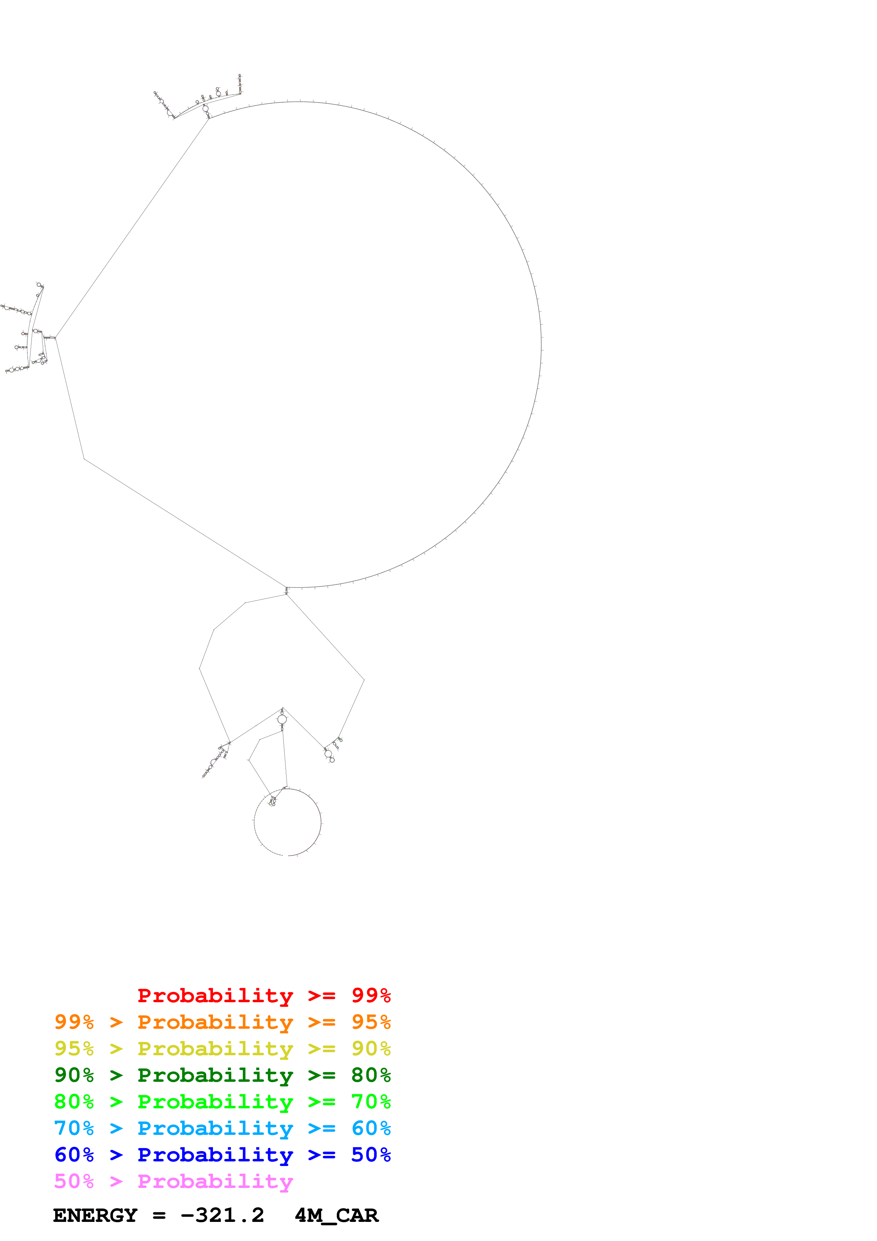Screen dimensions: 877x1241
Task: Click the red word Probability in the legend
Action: coord(215,995)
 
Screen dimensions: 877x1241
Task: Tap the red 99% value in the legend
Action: coord(371,995)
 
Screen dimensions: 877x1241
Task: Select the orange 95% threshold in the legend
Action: coord(371,1022)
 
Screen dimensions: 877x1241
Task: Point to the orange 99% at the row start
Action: coord(74,1022)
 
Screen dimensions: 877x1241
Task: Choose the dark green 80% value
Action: coord(371,1075)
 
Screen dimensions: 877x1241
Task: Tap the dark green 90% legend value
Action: coord(74,1075)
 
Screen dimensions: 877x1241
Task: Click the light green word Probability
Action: coord(215,1102)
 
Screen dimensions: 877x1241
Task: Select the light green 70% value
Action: coord(371,1102)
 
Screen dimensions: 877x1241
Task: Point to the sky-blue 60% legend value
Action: coord(371,1128)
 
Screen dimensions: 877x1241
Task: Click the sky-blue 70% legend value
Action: coord(74,1128)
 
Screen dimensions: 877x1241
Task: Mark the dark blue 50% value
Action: coord(371,1155)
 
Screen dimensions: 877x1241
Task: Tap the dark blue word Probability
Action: coord(215,1155)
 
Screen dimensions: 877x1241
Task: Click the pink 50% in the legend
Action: coord(74,1182)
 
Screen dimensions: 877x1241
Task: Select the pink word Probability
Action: coord(215,1182)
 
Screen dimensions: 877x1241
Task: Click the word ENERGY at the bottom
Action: coord(95,1216)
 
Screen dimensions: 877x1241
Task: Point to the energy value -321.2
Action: coord(222,1216)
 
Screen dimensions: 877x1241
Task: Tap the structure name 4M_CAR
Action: coord(336,1216)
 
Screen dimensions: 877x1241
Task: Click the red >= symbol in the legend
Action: coord(322,995)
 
